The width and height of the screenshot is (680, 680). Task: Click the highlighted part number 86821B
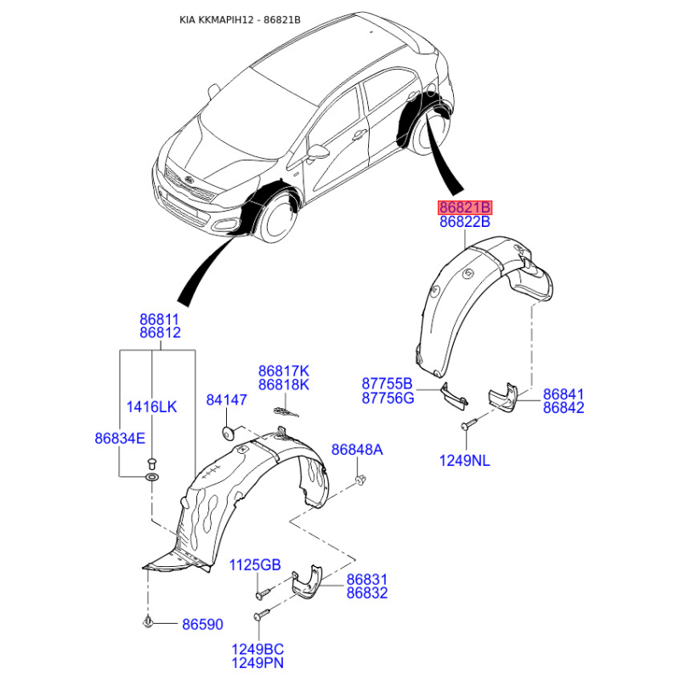pyautogui.click(x=464, y=207)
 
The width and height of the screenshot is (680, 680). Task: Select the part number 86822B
pyautogui.click(x=465, y=222)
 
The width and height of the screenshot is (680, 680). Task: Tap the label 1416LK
pyautogui.click(x=152, y=407)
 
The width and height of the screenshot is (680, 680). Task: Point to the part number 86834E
pyautogui.click(x=120, y=439)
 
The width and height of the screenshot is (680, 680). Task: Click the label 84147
pyautogui.click(x=226, y=399)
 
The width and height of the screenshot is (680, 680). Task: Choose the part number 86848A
pyautogui.click(x=357, y=450)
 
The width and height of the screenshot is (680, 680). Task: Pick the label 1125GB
pyautogui.click(x=255, y=564)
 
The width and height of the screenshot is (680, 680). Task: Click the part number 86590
pyautogui.click(x=202, y=624)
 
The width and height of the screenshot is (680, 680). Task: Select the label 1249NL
pyautogui.click(x=464, y=461)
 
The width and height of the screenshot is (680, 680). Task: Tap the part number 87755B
pyautogui.click(x=388, y=384)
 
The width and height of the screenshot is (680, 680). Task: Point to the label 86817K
pyautogui.click(x=284, y=371)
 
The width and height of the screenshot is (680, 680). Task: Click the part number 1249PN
pyautogui.click(x=258, y=663)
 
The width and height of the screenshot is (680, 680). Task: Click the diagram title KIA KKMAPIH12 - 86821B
pyautogui.click(x=241, y=20)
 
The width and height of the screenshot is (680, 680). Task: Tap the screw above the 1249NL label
pyautogui.click(x=469, y=423)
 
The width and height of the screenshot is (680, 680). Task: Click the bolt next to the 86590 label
pyautogui.click(x=148, y=622)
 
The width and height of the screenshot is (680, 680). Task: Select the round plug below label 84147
pyautogui.click(x=228, y=433)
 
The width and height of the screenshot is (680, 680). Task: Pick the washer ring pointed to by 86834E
pyautogui.click(x=152, y=478)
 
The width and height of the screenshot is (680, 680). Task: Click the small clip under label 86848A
pyautogui.click(x=360, y=479)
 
